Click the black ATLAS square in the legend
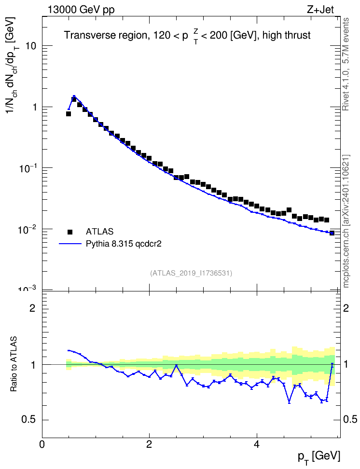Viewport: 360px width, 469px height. pos(70,232)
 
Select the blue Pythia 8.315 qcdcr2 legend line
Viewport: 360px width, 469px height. pos(70,244)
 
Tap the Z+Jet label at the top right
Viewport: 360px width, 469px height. pos(320,10)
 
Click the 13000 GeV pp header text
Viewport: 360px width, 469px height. pos(81,10)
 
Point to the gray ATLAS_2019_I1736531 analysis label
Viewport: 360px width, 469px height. pos(191,273)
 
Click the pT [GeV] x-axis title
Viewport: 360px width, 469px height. pos(319,457)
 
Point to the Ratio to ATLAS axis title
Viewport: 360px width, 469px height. pos(14,364)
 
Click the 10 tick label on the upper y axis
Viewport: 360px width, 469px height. pos(31,46)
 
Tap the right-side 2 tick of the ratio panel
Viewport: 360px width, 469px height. pos(346,308)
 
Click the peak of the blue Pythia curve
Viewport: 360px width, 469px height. pos(74,96)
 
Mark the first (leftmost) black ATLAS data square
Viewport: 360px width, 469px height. pos(69,114)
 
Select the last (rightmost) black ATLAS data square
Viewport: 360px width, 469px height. pos(332,233)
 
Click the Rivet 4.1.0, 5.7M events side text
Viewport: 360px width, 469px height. pos(346,64)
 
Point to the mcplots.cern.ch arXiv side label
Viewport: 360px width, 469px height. pos(346,221)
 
